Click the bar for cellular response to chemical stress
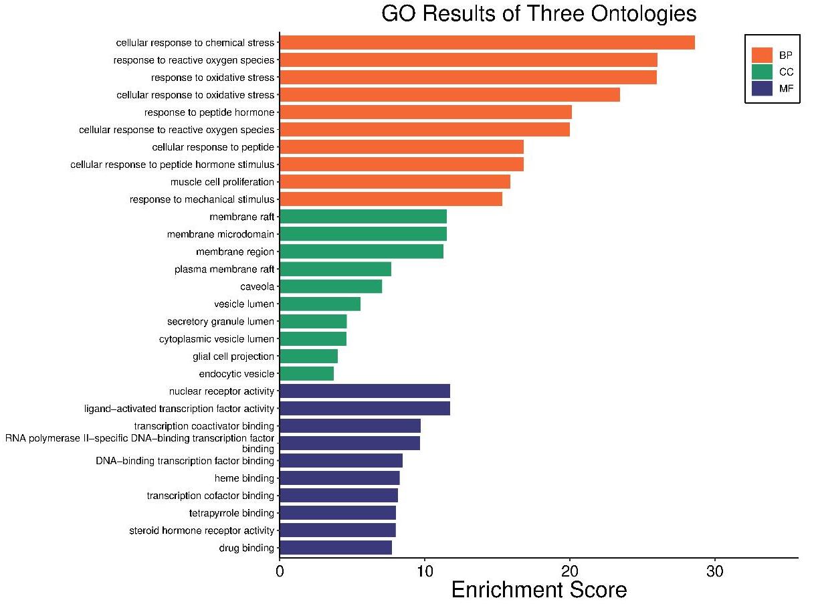point(487,43)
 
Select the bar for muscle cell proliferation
point(395,182)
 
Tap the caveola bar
point(330,286)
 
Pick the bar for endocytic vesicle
point(306,373)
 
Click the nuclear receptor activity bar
point(365,391)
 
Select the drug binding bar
point(335,548)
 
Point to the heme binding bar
point(339,478)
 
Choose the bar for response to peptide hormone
point(425,112)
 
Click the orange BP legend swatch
point(762,55)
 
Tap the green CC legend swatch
point(762,72)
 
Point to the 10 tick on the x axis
point(424,559)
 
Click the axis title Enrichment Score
point(538,590)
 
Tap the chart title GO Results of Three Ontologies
point(538,13)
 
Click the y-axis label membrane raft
point(241,217)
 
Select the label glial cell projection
point(233,357)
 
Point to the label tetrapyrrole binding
point(231,513)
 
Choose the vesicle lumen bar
point(320,304)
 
